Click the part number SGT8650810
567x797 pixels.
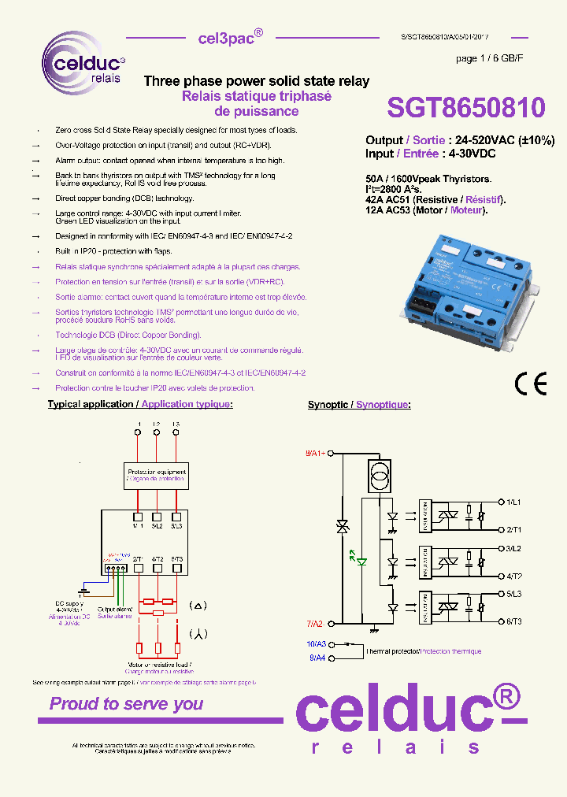pos(465,108)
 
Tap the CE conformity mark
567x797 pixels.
pos(529,383)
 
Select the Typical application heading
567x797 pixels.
pos(91,404)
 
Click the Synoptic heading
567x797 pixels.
pos(329,405)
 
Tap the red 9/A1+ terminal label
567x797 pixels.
pos(315,454)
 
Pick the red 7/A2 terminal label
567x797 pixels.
pos(315,623)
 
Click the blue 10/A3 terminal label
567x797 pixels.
pos(316,643)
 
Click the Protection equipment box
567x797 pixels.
pos(157,475)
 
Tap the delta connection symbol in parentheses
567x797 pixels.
pos(198,606)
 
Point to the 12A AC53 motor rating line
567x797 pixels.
pos(426,210)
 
